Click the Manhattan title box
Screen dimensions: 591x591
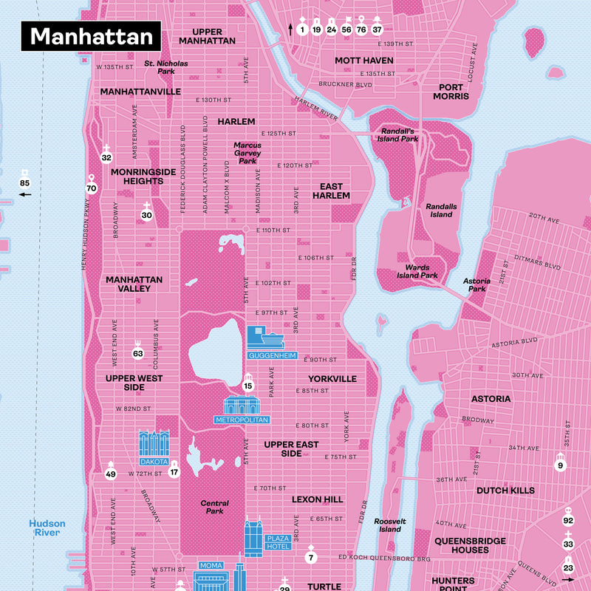coord(92,36)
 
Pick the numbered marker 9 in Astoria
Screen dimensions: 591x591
coord(560,465)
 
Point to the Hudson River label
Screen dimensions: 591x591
coord(47,528)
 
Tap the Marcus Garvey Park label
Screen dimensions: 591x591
coord(247,153)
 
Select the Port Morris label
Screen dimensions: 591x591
coord(451,91)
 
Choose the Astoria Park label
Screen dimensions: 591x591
coord(476,285)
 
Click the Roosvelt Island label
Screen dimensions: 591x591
coord(390,525)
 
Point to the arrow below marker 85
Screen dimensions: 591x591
coord(25,195)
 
